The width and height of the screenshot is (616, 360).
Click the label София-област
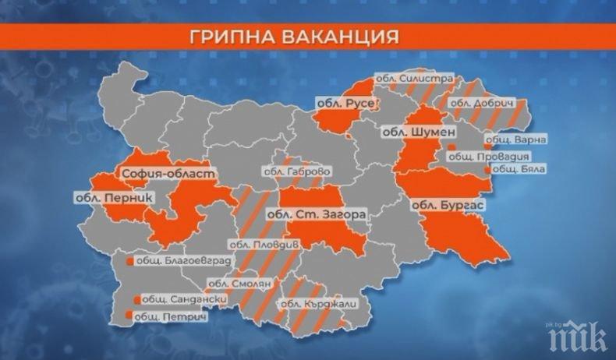pyautogui.click(x=156, y=172)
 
